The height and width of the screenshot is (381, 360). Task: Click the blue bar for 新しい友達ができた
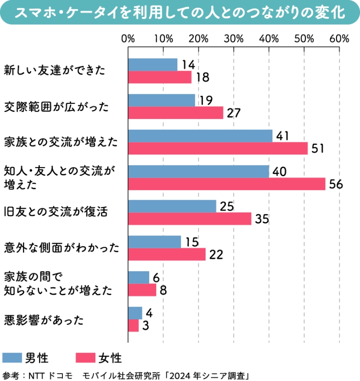point(152,65)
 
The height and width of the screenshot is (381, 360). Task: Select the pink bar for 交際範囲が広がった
point(175,112)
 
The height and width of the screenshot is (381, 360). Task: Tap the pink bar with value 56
point(226,184)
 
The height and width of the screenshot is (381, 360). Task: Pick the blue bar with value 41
point(200,136)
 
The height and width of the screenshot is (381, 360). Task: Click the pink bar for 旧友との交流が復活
point(190,219)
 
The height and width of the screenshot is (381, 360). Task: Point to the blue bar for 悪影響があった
point(135,313)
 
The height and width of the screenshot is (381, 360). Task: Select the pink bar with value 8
point(142,290)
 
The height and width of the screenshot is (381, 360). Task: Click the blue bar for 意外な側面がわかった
point(154,242)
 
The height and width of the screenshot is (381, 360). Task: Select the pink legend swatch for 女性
point(84,357)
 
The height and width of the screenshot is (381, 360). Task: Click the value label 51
point(317,148)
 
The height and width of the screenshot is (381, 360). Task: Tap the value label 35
point(261,219)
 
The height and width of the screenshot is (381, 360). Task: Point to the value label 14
point(187,65)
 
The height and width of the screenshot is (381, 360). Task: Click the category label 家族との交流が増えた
point(61,141)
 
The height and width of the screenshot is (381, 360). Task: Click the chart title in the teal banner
point(180,13)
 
